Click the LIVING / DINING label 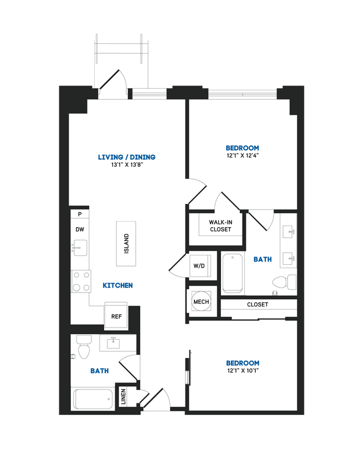pos(126,157)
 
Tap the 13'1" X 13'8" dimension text pos(126,165)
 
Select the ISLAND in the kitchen pos(126,243)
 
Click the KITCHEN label pos(117,285)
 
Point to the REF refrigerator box pos(116,317)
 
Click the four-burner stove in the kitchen pos(81,281)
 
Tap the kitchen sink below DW pos(80,248)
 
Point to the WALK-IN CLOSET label pos(220,226)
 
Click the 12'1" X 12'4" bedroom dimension pos(243,156)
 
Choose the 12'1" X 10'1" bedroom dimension pos(243,371)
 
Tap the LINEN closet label pos(123,396)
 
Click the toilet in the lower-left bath pos(84,347)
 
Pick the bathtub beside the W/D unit pos(233,273)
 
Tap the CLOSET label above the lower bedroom pos(258,305)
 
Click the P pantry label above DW pos(80,214)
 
